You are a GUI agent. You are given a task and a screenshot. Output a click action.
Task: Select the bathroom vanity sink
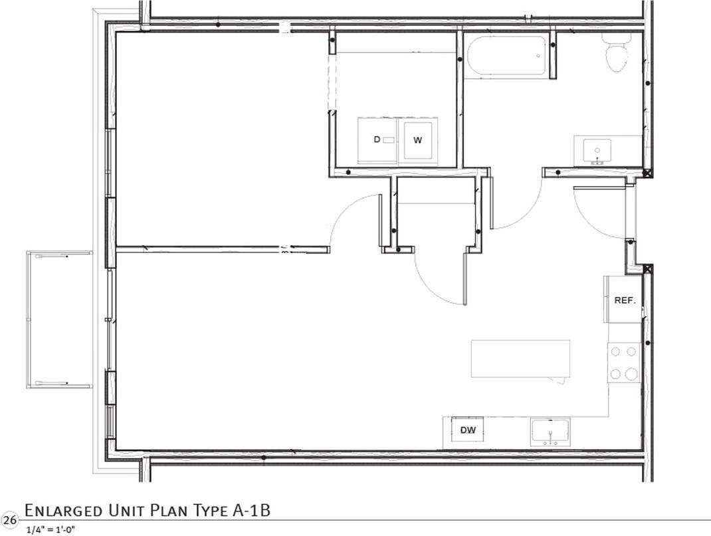[x=597, y=152]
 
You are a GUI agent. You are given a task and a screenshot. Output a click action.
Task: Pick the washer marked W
[x=418, y=140]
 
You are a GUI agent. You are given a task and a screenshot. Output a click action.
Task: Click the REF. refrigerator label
[x=625, y=300]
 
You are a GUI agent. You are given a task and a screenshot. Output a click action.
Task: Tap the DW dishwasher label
[x=468, y=430]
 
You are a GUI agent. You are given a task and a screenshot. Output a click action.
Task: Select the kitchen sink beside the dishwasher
[x=550, y=433]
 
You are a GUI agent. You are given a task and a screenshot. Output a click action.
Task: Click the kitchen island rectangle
[x=520, y=359]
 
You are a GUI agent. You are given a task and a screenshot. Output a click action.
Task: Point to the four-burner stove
[x=624, y=363]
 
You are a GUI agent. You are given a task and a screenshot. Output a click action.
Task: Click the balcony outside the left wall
[x=59, y=320]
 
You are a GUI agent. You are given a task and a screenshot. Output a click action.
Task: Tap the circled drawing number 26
[x=9, y=519]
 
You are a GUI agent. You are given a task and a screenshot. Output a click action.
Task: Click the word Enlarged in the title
[x=63, y=511]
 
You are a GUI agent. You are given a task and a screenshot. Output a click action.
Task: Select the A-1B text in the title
[x=252, y=510]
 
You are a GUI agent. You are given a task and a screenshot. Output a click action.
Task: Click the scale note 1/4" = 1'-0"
[x=51, y=529]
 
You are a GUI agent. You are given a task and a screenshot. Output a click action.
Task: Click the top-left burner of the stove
[x=616, y=351]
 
